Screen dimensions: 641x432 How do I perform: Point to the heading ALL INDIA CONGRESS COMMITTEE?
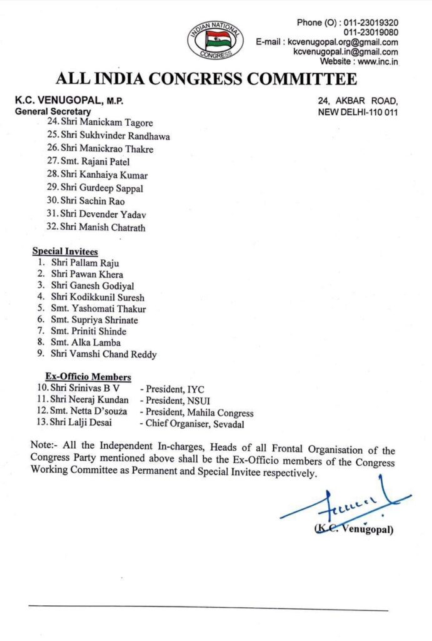(x=206, y=79)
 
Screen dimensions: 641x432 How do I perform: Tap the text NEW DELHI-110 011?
(x=358, y=112)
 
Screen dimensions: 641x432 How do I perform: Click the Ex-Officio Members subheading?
(x=88, y=377)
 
